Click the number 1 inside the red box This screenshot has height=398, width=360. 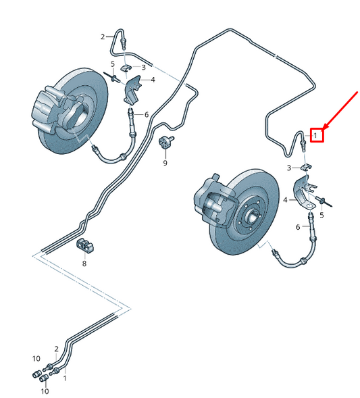point(315,136)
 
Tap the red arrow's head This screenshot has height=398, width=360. point(326,126)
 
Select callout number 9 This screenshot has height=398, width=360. point(165,163)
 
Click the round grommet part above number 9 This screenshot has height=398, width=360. point(166,141)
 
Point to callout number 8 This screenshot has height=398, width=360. point(84,264)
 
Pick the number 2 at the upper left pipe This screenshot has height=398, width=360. point(103,37)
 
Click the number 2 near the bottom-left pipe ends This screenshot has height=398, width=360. point(56,349)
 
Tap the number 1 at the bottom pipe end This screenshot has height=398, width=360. point(65,378)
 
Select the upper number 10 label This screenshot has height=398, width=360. point(36,358)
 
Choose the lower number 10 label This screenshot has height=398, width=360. point(45,391)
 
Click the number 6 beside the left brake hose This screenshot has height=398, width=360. point(147,115)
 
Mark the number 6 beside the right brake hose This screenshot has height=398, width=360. point(298,227)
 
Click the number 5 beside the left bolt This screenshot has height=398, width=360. point(113,64)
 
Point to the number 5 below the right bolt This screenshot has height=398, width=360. point(322,216)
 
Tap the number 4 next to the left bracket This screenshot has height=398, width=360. point(153,80)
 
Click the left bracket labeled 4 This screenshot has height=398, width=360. point(132,90)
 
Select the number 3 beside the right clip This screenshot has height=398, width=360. point(288,168)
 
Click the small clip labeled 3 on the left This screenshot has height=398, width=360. point(126,68)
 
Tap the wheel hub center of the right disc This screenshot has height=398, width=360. point(251,217)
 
